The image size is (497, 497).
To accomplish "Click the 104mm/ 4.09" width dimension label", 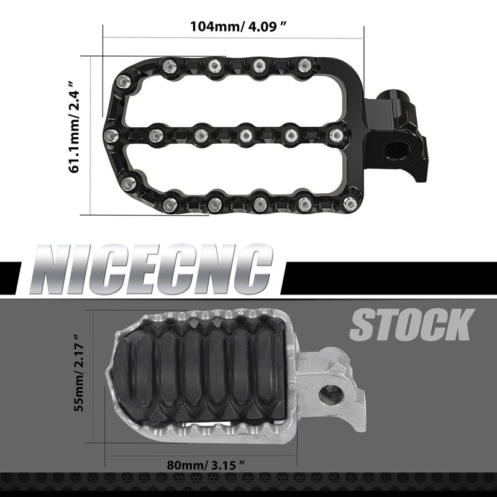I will pyautogui.click(x=239, y=26).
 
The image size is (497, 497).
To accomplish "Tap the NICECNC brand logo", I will pyautogui.click(x=153, y=271).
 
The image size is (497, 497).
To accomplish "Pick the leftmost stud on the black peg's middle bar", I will pyautogui.click(x=110, y=135).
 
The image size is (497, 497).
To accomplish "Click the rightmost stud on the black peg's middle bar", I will pyautogui.click(x=335, y=134).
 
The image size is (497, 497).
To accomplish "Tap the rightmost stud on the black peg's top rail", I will pyautogui.click(x=304, y=65).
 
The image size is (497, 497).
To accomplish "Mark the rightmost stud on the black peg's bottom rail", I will pyautogui.click(x=350, y=203).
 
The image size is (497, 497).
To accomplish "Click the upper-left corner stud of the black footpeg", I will pyautogui.click(x=124, y=80).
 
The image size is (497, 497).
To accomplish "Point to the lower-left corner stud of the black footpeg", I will pyautogui.click(x=129, y=183).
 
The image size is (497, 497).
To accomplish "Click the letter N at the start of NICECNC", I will pyautogui.click(x=56, y=271).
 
